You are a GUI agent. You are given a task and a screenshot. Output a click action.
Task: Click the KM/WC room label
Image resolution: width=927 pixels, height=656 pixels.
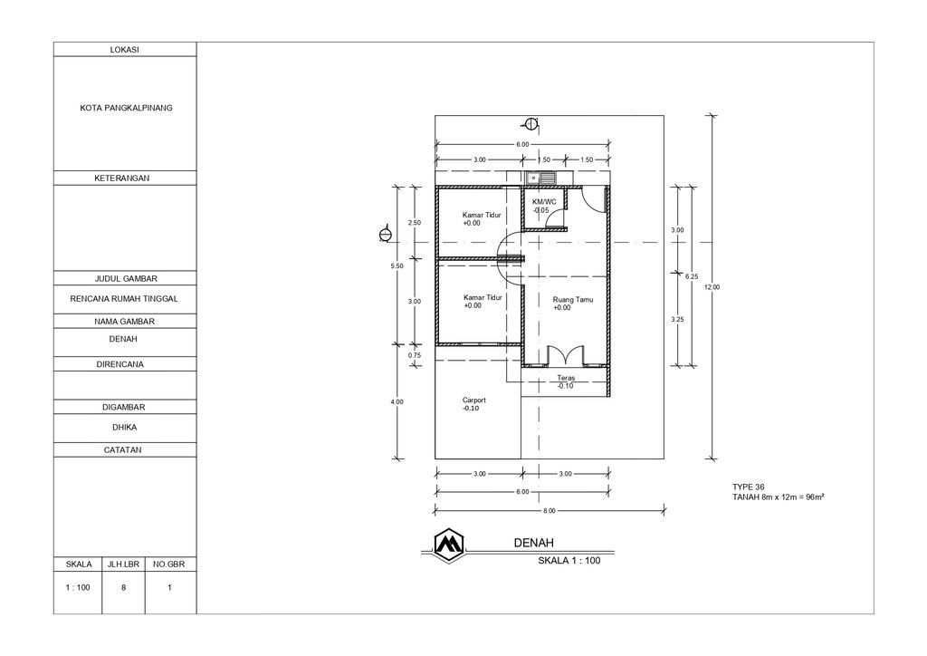tap(544, 201)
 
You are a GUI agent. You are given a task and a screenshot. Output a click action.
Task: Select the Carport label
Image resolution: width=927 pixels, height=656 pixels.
tap(474, 400)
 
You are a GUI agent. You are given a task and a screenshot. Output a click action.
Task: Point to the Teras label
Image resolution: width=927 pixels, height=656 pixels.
tap(566, 378)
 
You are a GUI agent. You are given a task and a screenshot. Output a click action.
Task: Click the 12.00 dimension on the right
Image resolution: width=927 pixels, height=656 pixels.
tap(712, 287)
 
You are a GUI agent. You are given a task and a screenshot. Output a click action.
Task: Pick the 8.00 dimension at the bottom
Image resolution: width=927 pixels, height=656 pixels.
tap(550, 510)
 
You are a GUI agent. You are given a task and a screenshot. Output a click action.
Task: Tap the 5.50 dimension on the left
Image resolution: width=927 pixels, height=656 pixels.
tap(396, 266)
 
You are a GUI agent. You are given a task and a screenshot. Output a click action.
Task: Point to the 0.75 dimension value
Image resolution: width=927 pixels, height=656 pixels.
tap(415, 355)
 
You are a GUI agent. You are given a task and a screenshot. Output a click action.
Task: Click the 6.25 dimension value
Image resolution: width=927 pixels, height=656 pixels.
tap(692, 276)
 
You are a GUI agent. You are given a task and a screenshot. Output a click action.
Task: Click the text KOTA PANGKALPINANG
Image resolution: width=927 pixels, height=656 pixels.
tap(126, 108)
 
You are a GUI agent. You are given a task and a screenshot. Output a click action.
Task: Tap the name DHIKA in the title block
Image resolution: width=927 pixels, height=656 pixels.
tap(125, 427)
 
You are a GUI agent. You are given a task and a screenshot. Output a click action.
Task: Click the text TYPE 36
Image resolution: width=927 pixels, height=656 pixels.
tap(749, 487)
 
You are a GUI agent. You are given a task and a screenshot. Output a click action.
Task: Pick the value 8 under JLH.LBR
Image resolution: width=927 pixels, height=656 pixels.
tap(125, 587)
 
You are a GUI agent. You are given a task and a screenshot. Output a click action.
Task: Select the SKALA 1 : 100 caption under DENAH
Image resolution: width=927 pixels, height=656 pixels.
tap(569, 560)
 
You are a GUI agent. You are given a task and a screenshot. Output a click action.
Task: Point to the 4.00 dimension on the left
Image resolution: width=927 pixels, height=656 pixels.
tap(396, 401)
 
